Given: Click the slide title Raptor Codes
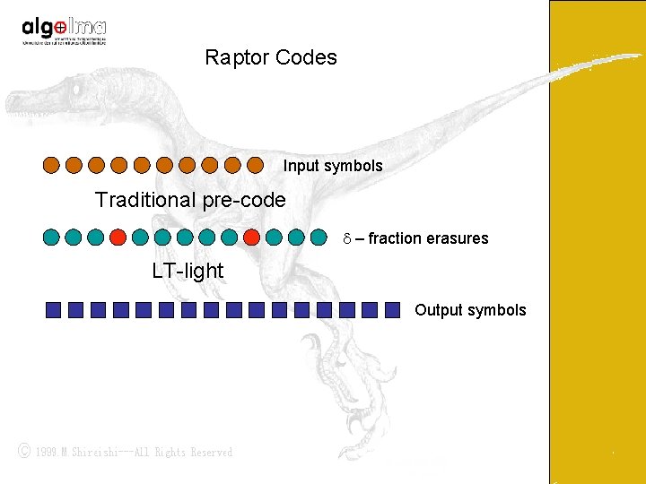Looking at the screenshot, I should point(270,58).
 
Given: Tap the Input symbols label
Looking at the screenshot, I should point(333,166).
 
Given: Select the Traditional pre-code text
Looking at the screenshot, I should point(190,200).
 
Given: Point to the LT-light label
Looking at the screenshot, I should point(188,270).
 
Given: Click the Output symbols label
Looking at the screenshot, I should point(470,310).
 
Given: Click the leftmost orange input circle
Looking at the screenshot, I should point(52,165).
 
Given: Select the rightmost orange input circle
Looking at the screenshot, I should point(255,165).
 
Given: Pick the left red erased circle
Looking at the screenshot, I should point(118,238).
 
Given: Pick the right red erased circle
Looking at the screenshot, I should point(252,238).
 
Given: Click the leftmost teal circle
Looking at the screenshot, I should point(51,238).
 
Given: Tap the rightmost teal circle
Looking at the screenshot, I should point(319,238).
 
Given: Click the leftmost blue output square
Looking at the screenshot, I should point(54,310).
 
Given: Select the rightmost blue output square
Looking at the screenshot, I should point(392,310).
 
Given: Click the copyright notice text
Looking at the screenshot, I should point(134,453).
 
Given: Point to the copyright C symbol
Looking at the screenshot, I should point(25,452).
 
